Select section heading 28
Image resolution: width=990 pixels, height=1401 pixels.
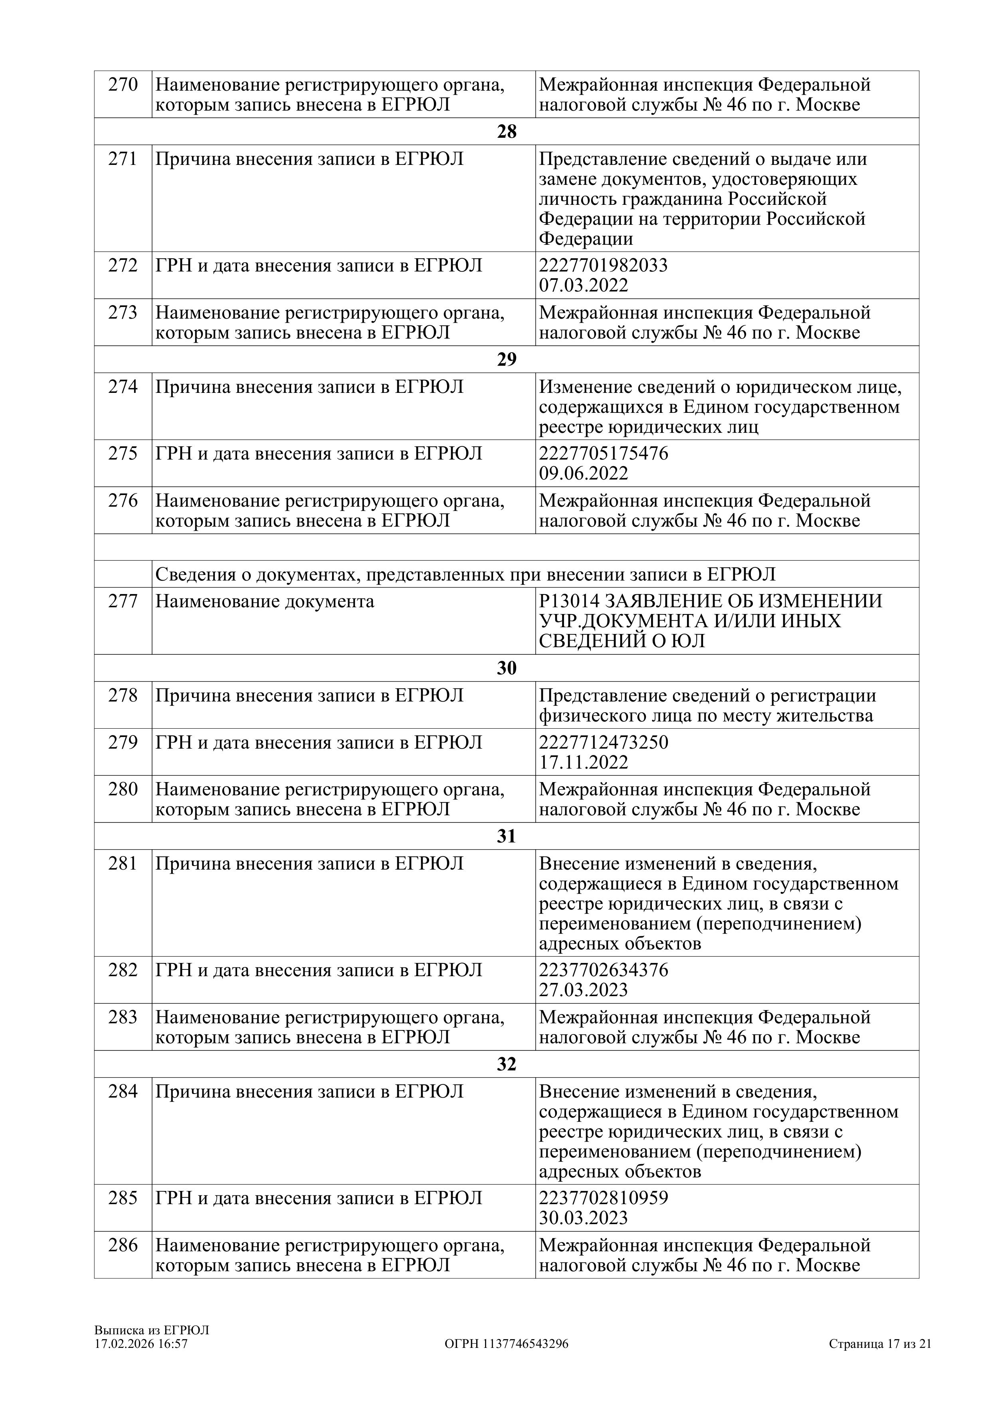[x=506, y=132]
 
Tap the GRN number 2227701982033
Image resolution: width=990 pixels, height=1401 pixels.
[x=603, y=266]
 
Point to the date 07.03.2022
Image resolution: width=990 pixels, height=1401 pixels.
[x=583, y=285]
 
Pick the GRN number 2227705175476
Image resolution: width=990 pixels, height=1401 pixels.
[x=603, y=454]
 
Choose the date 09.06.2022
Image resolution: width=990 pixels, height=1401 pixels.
[x=583, y=474]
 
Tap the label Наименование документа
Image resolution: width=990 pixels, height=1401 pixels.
[x=265, y=601]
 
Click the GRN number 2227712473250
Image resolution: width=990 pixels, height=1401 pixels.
[x=603, y=743]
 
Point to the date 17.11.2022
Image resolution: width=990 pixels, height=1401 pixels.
[x=583, y=763]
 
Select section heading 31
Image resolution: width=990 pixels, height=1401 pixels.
[x=506, y=836]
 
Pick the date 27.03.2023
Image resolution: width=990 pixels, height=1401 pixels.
[x=583, y=990]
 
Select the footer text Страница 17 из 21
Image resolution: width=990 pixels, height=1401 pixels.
[x=879, y=1344]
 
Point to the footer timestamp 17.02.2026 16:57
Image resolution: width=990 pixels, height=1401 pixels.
[x=141, y=1344]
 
